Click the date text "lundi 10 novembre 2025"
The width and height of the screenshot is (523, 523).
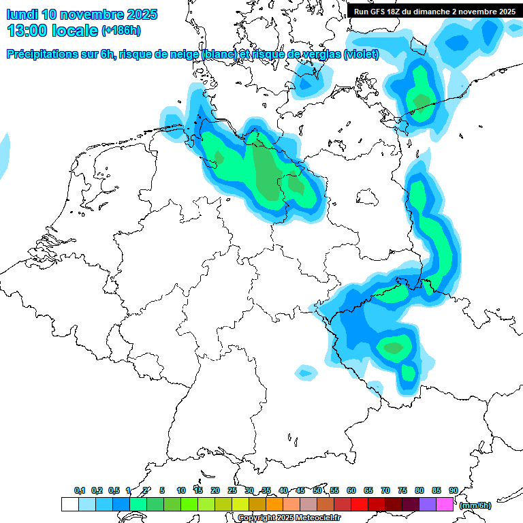82,14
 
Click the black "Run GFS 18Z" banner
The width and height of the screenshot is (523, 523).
434,11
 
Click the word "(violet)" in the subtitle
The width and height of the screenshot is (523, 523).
361,54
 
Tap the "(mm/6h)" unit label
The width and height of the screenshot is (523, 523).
475,505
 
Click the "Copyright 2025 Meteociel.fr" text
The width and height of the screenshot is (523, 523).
289,518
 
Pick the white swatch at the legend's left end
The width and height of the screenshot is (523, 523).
69,505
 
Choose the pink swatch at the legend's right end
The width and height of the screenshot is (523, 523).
445,505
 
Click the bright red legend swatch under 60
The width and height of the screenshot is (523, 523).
360,505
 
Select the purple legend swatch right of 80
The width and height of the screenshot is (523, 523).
428,505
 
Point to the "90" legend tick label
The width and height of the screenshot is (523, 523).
453,490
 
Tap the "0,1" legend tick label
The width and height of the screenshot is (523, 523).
79,490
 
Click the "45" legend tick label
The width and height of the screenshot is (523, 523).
300,490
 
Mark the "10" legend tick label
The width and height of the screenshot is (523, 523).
181,490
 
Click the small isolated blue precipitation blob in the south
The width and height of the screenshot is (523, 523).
306,372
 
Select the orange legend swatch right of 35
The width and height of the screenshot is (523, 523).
274,505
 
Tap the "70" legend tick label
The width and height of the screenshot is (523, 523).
385,490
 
